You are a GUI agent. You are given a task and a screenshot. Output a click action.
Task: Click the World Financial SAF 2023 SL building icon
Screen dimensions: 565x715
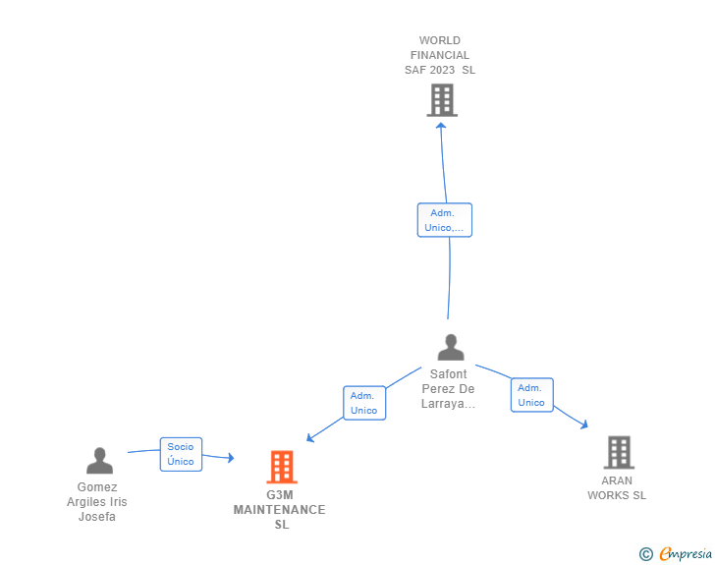(x=442, y=99)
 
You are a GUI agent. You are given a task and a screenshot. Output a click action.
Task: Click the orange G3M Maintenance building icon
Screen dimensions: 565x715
(x=282, y=467)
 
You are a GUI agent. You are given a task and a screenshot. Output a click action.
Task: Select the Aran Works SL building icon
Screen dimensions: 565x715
(x=618, y=452)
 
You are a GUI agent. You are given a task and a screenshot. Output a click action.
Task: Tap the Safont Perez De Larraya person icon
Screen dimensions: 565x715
(x=450, y=348)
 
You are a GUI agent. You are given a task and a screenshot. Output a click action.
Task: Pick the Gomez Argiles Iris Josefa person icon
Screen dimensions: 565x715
(x=99, y=460)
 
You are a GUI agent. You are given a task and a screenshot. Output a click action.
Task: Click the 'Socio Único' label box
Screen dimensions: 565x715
(x=181, y=454)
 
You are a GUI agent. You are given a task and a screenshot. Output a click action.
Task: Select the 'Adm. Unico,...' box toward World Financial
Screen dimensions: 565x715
(x=444, y=220)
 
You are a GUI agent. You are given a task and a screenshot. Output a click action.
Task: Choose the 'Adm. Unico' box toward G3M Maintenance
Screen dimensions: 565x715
(x=364, y=403)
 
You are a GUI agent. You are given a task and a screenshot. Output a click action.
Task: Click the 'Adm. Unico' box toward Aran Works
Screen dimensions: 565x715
(x=531, y=395)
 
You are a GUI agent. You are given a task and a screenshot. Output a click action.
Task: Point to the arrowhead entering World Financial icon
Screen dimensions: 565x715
(x=441, y=125)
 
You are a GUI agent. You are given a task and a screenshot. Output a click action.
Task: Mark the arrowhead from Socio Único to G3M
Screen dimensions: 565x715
(x=231, y=458)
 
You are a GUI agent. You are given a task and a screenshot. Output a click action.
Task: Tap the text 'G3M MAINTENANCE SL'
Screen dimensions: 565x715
(x=280, y=510)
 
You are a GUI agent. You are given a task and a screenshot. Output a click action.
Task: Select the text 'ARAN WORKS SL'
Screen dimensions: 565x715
(x=617, y=488)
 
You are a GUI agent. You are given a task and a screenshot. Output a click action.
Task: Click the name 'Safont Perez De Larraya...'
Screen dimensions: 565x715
(x=448, y=389)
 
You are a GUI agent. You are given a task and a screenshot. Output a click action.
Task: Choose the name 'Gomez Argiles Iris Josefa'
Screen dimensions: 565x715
(x=97, y=502)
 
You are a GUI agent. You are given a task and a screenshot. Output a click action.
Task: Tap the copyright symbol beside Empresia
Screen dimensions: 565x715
(x=645, y=554)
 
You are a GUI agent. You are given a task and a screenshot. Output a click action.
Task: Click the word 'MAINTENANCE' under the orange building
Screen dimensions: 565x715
(x=280, y=510)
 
